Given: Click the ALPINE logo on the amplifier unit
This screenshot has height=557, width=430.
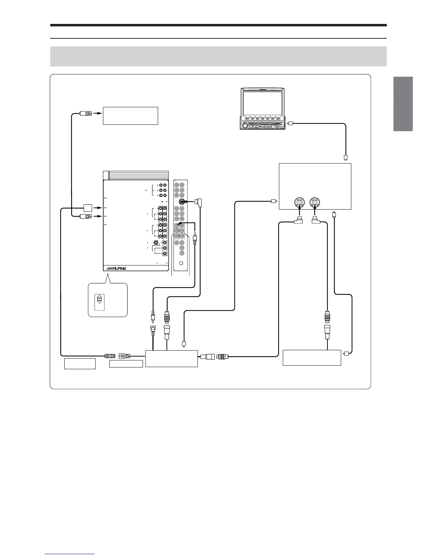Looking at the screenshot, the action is pos(116,268).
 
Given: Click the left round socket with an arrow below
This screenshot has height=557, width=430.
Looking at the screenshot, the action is pos(299,203).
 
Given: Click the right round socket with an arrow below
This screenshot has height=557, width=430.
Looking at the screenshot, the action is pos(315,203).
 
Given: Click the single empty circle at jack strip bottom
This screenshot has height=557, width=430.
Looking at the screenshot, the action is pos(181,263).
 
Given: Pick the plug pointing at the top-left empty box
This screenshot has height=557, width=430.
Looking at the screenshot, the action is pos(86,113).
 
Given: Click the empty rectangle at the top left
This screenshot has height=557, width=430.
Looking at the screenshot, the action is pos(130,116).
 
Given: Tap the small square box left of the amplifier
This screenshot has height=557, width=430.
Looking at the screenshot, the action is pos(88,208).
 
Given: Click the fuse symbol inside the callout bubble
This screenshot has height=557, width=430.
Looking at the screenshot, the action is pos(99,299).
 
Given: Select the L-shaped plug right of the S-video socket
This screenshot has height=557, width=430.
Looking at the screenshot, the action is pos(199,202).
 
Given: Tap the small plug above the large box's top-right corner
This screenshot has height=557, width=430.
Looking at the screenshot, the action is pos(346,158).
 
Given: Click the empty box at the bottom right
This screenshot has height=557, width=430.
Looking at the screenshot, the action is pos(312,358).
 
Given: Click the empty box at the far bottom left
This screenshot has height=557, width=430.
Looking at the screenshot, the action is pos(80,364).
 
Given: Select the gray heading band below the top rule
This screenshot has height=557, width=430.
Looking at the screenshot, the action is pos(218,56).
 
